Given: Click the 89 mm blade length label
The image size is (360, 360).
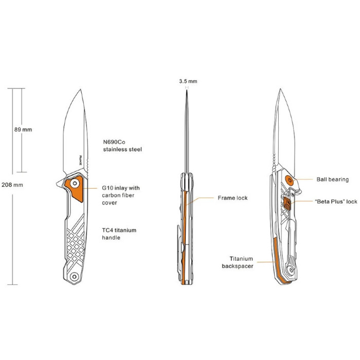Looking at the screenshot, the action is coord(23,130).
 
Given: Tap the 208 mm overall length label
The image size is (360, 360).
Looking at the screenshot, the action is coord(12,185).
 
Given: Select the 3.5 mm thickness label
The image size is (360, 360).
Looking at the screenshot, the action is coord(188,81).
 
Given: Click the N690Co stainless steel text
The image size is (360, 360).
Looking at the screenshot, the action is coord(122,146).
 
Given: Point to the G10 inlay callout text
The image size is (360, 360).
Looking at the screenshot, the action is coord(121,195).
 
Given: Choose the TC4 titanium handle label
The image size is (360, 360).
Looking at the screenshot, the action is coord(119,233).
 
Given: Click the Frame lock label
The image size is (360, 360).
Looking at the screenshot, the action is coord(232,198).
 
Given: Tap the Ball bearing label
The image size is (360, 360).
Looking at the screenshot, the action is coord(332,179).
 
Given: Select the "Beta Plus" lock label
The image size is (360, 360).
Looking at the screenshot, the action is coord(336,202).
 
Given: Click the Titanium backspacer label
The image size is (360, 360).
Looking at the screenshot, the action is coord(238,262).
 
